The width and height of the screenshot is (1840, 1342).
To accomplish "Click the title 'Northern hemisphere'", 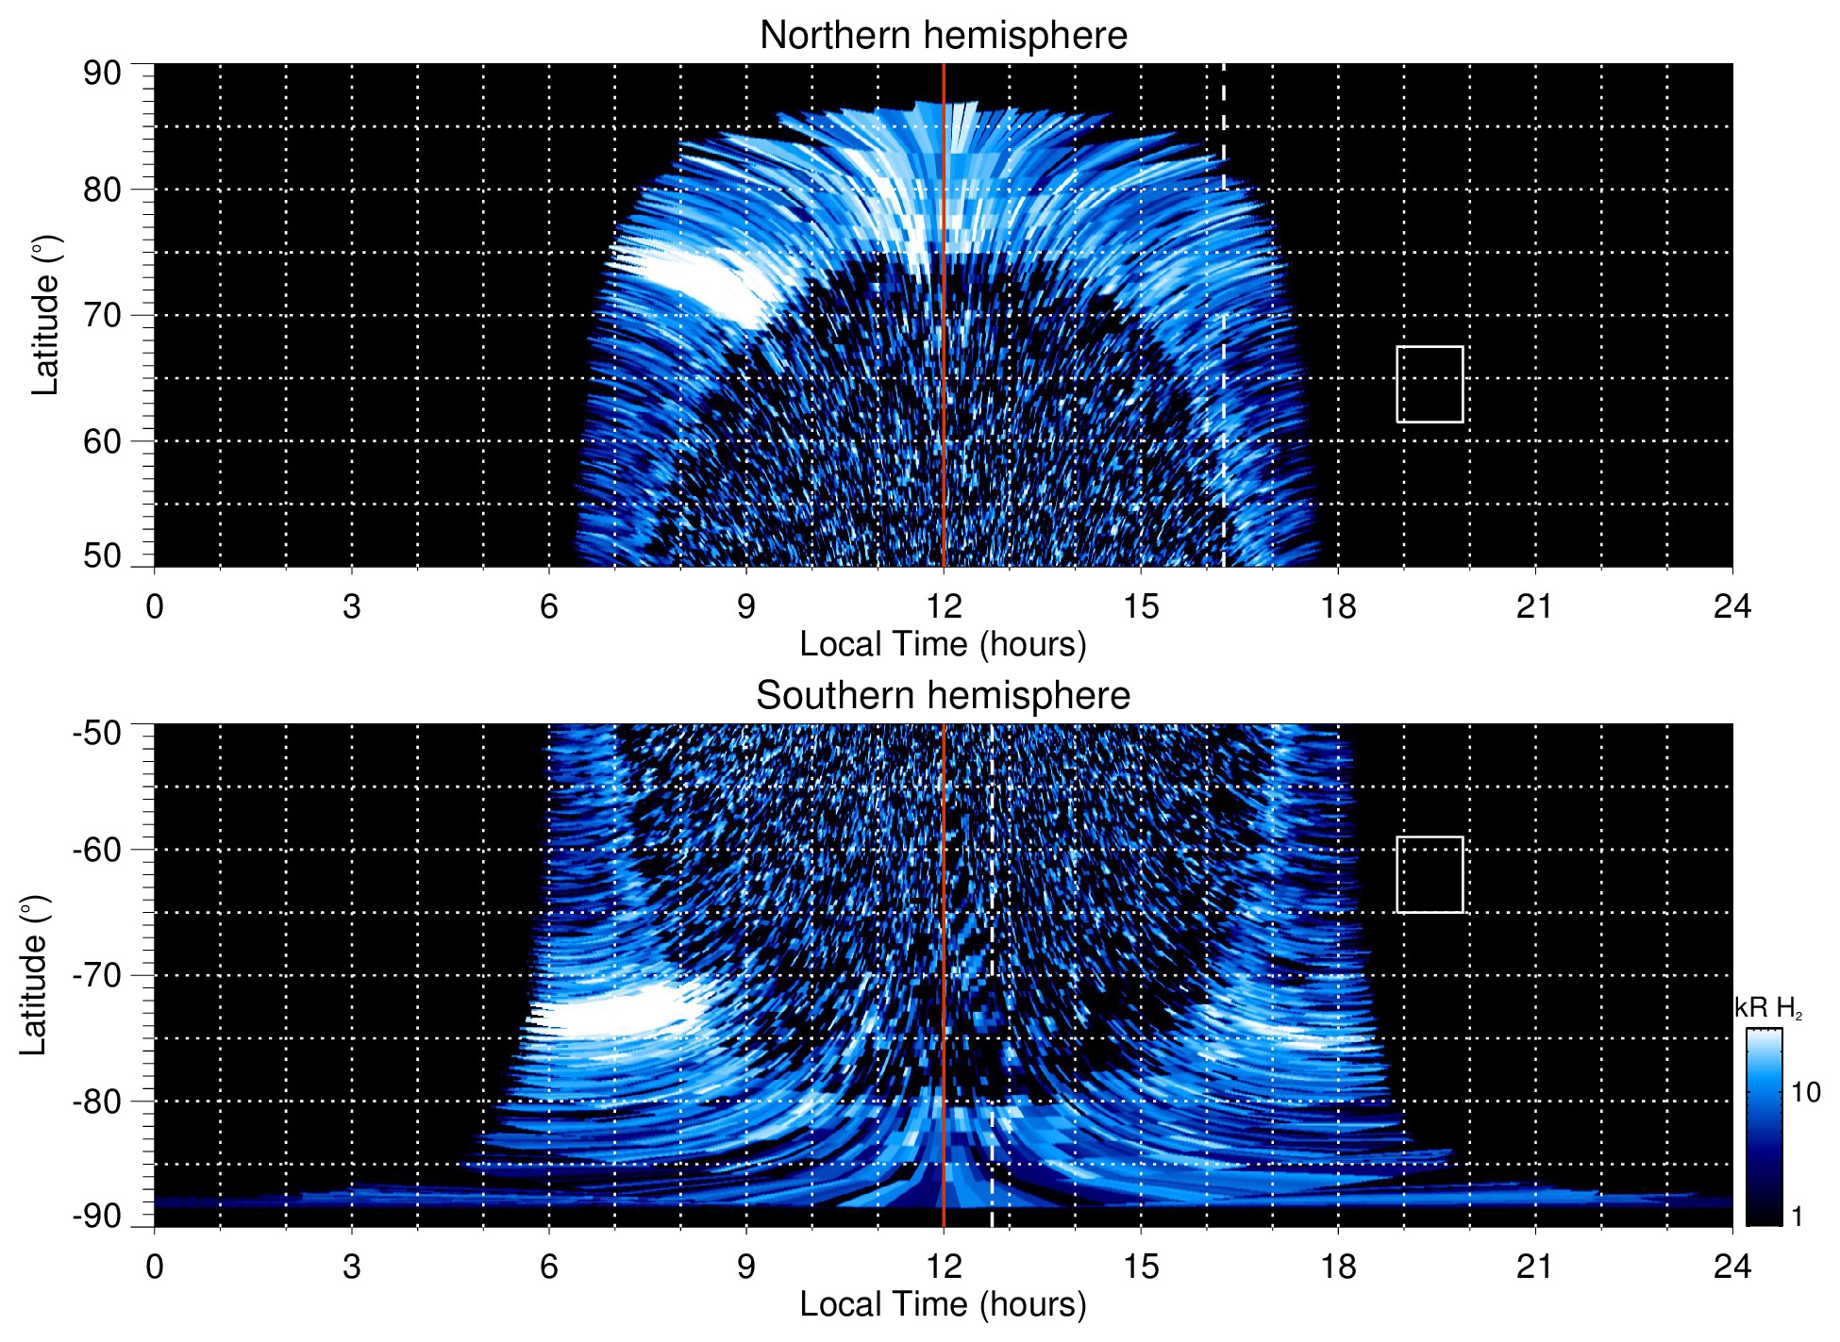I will (x=943, y=36).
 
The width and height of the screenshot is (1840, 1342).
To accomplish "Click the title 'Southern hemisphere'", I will (x=943, y=696).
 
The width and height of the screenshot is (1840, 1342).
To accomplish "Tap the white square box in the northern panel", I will (x=1430, y=385).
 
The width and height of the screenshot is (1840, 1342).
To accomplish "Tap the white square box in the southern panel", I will (x=1430, y=874).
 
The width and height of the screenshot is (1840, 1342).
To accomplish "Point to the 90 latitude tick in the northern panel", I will (x=102, y=73).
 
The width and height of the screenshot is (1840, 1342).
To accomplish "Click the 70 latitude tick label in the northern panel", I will (x=102, y=315).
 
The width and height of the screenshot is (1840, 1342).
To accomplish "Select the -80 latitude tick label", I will (x=97, y=1101).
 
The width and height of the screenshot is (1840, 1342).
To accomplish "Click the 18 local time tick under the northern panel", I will (x=1338, y=606).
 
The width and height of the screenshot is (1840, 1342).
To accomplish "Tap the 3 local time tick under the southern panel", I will (x=352, y=1267).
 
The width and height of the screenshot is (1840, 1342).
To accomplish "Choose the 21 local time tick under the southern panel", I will (x=1535, y=1267).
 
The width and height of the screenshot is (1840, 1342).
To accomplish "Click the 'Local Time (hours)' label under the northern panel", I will (x=943, y=644).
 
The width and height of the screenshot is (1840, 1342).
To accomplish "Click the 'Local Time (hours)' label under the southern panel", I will (x=943, y=1304).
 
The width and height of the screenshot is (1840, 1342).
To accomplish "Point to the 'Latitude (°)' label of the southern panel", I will (x=34, y=975).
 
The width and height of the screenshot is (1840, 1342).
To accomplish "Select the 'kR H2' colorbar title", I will (x=1768, y=1008).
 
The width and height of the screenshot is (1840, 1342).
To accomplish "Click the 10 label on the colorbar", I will (x=1805, y=1092).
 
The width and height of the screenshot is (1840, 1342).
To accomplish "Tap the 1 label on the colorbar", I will (x=1797, y=1217).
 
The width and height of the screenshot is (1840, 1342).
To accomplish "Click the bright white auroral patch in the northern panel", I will (x=694, y=280).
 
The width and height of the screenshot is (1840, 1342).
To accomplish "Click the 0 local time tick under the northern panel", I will (x=155, y=606).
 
